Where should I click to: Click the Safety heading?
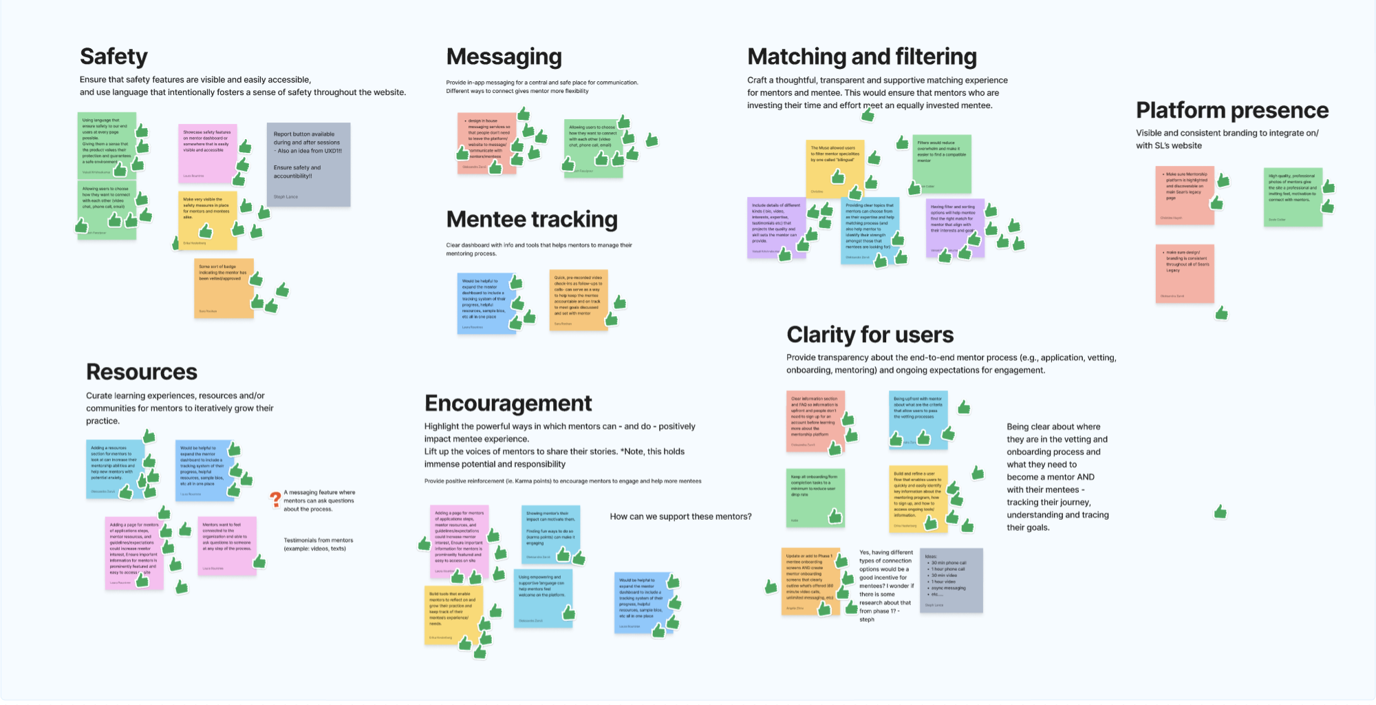click(x=114, y=56)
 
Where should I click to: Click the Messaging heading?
click(x=504, y=56)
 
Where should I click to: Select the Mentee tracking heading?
click(x=532, y=219)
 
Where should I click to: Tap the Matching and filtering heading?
click(x=862, y=56)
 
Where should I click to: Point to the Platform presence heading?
click(x=1232, y=110)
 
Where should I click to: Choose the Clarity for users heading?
click(x=870, y=335)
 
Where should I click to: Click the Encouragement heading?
click(x=508, y=403)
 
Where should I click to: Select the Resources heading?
click(x=142, y=372)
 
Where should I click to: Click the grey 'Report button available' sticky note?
click(x=308, y=165)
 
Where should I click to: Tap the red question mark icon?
click(x=275, y=498)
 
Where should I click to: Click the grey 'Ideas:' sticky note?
click(x=952, y=580)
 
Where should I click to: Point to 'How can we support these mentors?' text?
click(x=680, y=516)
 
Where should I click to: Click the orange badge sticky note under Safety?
click(x=224, y=288)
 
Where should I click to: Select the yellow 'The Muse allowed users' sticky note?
click(x=834, y=169)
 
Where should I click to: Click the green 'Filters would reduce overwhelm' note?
click(x=942, y=164)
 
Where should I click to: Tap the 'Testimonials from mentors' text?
click(x=318, y=544)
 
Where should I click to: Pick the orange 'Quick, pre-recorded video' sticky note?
click(x=578, y=300)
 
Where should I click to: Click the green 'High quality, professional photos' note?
click(x=1293, y=197)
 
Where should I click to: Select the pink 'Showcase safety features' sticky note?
click(x=207, y=154)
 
